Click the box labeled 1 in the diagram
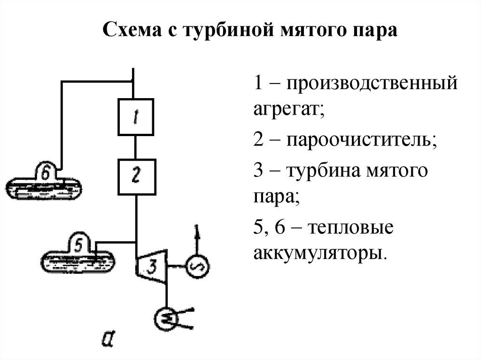(135, 117)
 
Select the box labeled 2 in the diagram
(136, 176)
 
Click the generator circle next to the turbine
(195, 267)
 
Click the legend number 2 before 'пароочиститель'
(258, 139)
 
